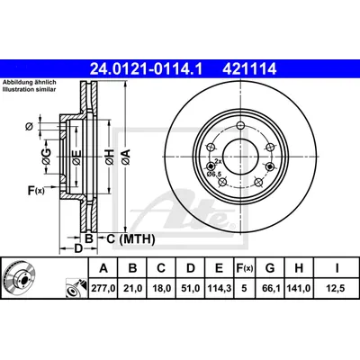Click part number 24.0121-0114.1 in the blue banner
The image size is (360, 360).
click(x=147, y=69)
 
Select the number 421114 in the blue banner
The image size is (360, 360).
click(x=249, y=69)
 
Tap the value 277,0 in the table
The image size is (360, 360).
click(x=103, y=289)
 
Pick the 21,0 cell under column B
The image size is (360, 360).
click(x=132, y=289)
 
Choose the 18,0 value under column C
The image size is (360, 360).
click(x=161, y=289)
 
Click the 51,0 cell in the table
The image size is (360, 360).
click(x=191, y=289)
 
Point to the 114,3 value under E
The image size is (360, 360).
click(x=220, y=289)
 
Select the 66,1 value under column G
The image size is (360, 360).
click(x=270, y=289)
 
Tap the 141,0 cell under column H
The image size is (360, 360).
click(x=299, y=289)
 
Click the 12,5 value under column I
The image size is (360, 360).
click(x=337, y=289)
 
